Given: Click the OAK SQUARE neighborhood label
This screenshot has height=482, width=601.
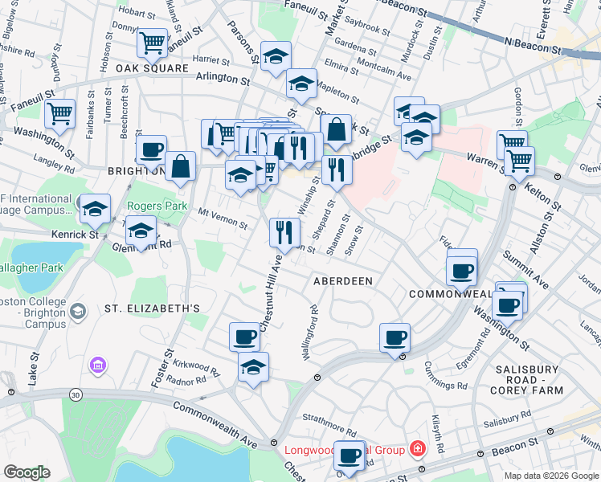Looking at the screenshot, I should pos(145,69).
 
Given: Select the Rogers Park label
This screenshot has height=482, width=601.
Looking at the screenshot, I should pos(157,206).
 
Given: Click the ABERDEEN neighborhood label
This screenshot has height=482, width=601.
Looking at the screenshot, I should pos(343,280).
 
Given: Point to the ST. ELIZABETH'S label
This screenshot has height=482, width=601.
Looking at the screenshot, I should pos(152,308).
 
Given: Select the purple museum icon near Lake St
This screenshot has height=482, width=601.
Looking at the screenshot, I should pos(99,366).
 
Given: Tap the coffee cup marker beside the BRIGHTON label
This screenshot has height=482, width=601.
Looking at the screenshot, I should pos(151,149).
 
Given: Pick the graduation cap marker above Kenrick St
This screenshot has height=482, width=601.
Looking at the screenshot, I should pos(96,209).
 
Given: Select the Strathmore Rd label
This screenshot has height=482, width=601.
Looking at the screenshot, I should pos(328,419).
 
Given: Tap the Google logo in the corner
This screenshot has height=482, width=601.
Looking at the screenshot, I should pos(27,472).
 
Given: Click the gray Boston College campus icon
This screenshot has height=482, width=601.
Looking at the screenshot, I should pos(78,311).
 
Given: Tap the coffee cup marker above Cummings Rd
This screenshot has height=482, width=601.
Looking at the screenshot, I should pos(395,338).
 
